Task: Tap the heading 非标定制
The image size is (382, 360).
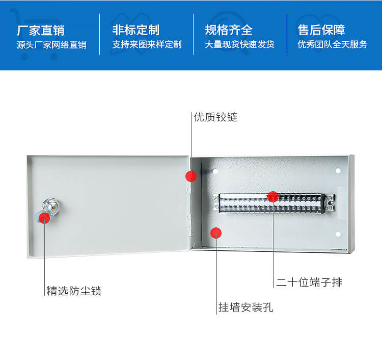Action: [135, 30]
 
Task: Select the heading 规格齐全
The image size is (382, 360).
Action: [229, 30]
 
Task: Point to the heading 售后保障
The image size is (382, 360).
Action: [321, 30]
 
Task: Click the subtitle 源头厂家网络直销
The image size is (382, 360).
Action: [51, 45]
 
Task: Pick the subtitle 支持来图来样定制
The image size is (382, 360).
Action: [147, 45]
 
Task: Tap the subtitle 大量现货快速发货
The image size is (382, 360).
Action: [239, 45]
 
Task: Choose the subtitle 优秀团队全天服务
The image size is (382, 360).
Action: [332, 45]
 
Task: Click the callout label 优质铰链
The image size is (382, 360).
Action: [215, 117]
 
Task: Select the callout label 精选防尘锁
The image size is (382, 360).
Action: [74, 291]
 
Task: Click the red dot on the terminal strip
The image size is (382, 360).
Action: [273, 197]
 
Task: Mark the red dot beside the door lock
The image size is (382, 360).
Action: [44, 218]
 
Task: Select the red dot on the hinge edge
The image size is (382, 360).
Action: [191, 176]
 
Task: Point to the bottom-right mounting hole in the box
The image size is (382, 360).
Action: [338, 234]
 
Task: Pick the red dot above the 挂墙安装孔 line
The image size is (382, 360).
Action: [216, 233]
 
